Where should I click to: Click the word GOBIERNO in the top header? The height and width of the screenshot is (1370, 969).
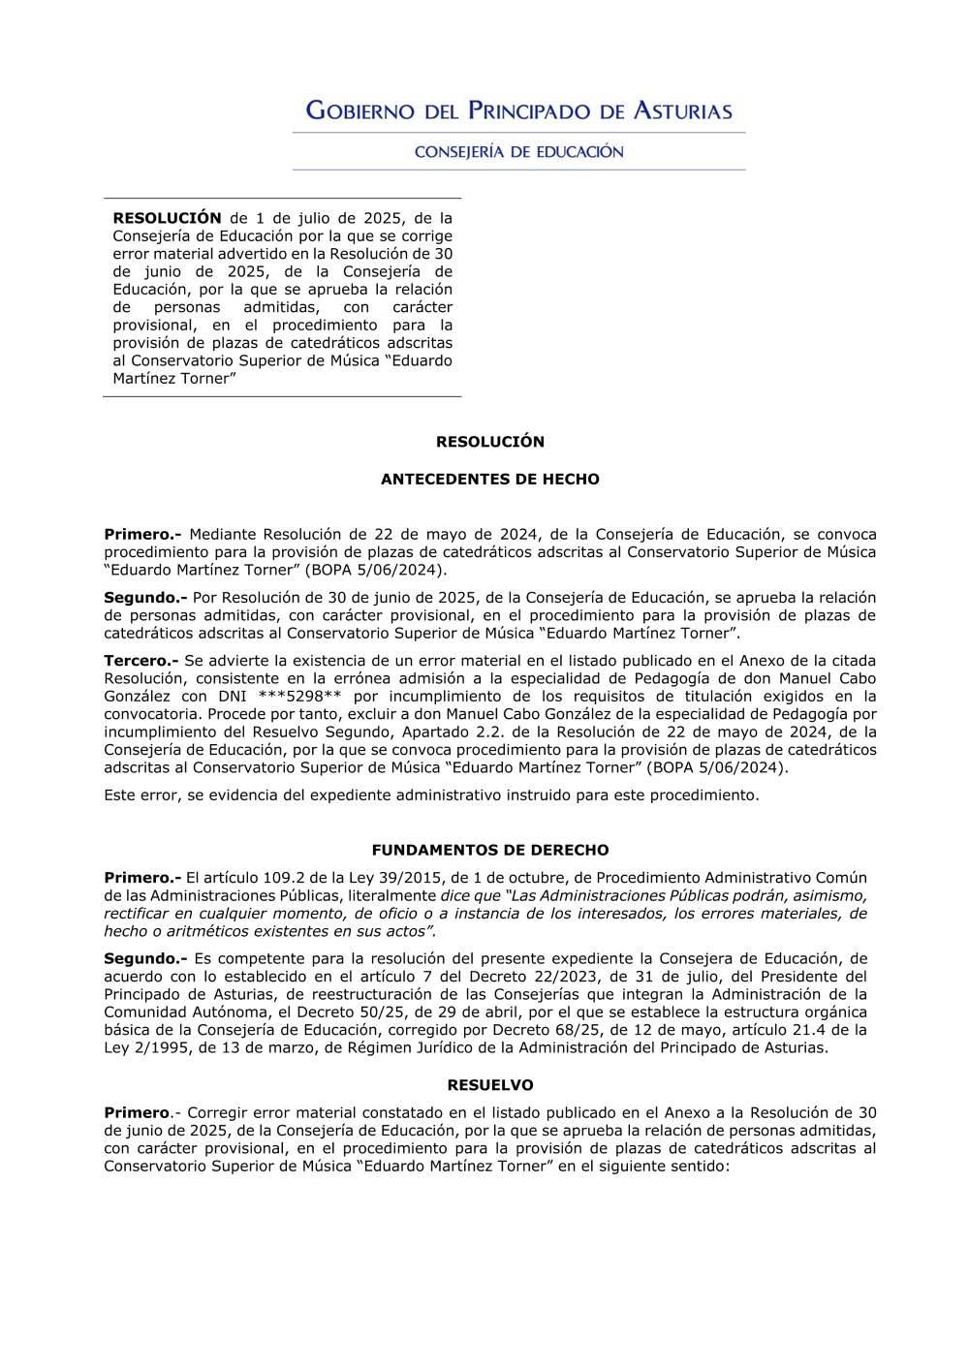click(359, 111)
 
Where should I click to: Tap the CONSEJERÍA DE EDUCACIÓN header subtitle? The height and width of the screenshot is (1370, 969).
click(518, 152)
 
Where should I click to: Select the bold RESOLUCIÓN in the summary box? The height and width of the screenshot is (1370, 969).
click(167, 219)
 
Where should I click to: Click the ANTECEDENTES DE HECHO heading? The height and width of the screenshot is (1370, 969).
click(489, 480)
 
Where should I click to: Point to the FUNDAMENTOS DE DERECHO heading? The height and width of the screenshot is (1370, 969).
click(489, 851)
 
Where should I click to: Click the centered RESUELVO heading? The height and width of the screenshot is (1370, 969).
click(489, 1086)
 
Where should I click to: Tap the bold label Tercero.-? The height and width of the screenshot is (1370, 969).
click(141, 661)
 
